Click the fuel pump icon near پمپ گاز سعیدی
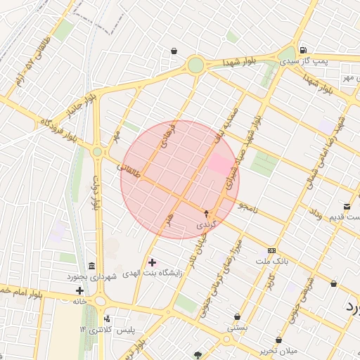(302, 50)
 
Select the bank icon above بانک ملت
(271, 251)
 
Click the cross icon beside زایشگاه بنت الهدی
(152, 262)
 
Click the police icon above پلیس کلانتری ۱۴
(106, 319)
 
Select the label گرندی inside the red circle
(205, 224)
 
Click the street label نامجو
(248, 207)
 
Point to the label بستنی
(237, 328)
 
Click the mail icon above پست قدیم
(347, 206)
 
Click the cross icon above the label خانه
(79, 290)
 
